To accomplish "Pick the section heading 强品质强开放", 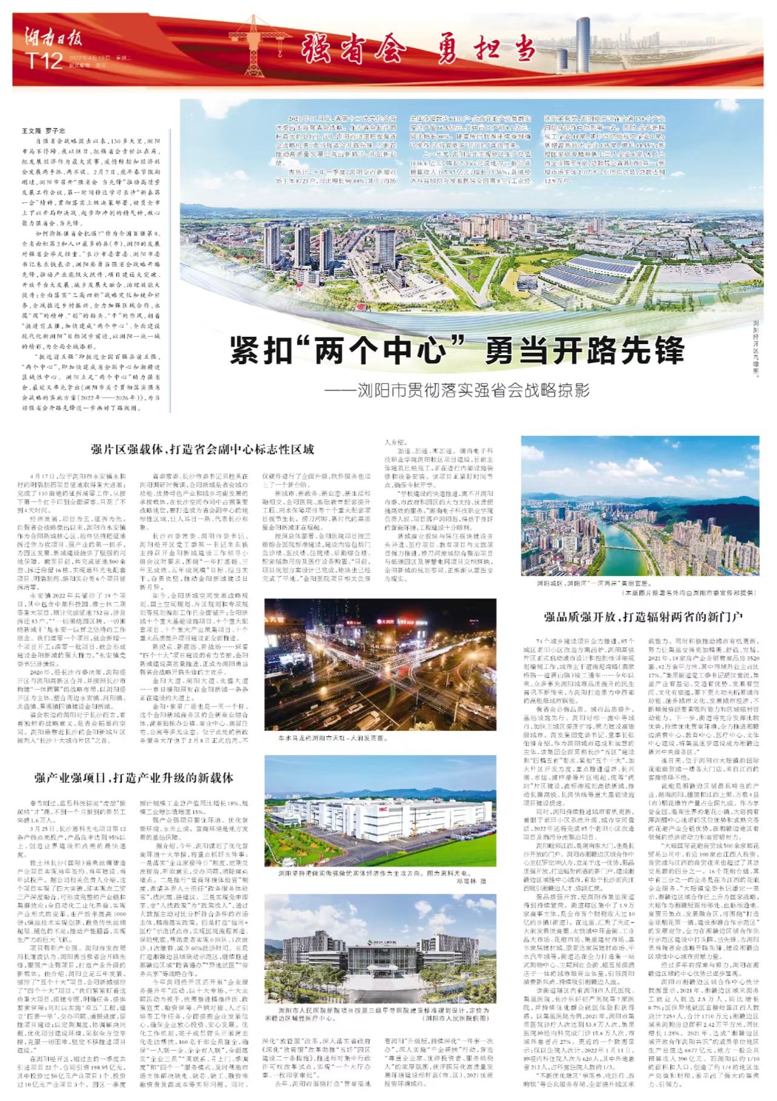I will click(643, 617).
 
